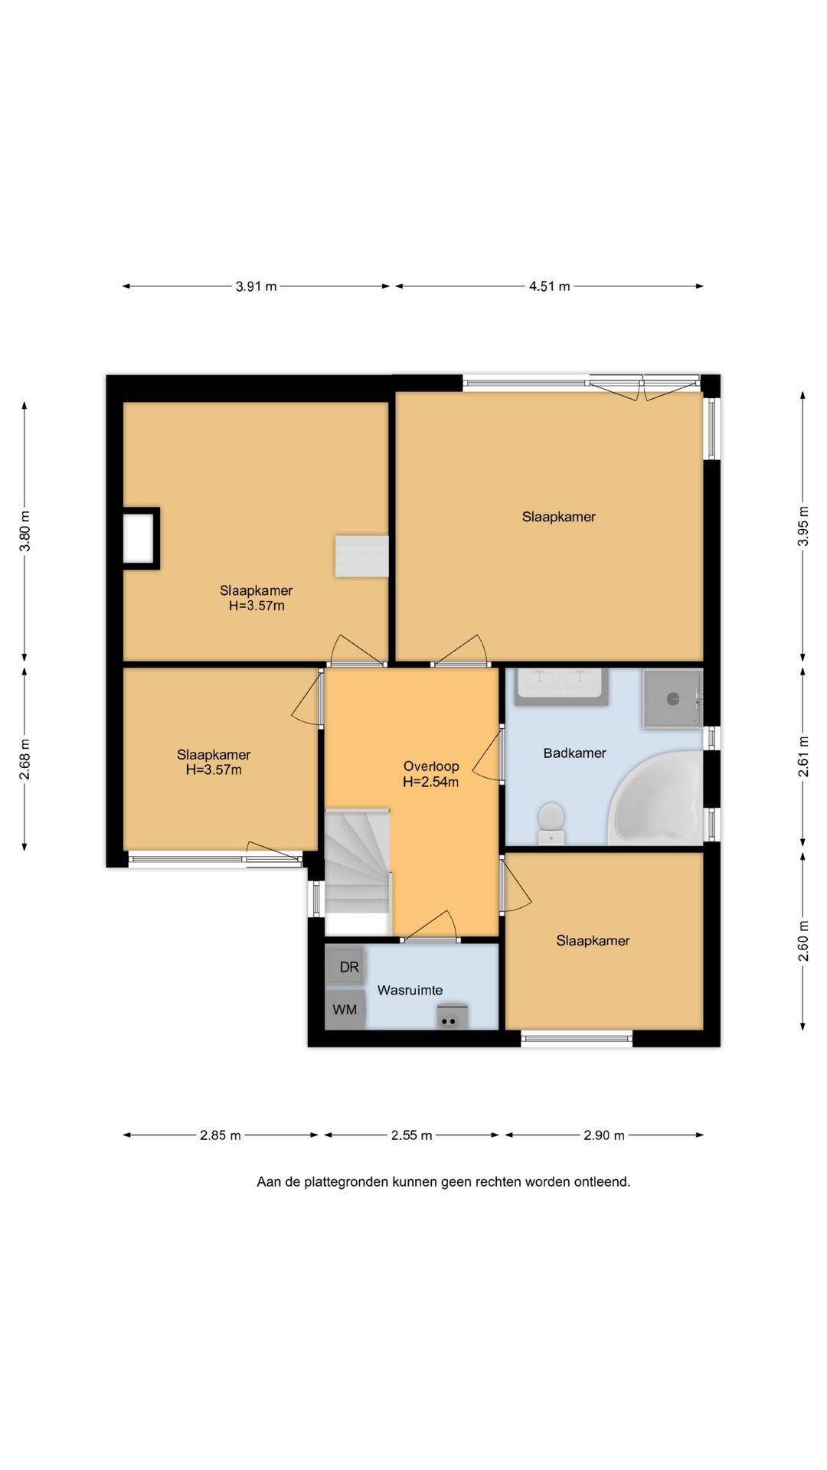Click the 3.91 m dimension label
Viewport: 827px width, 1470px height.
click(x=256, y=286)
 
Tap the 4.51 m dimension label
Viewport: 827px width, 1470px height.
click(x=549, y=286)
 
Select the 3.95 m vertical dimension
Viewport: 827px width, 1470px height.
click(x=802, y=526)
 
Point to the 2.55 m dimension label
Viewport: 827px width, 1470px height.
click(x=411, y=1135)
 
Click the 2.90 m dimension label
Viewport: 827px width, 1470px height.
click(x=603, y=1135)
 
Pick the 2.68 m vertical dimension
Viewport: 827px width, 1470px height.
click(x=25, y=759)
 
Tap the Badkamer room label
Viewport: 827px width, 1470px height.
click(x=574, y=753)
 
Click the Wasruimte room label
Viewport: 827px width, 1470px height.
click(x=410, y=990)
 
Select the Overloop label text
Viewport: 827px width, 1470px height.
click(x=431, y=766)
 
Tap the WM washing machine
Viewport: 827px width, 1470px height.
click(x=345, y=1009)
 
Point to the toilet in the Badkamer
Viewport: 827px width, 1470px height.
click(x=551, y=822)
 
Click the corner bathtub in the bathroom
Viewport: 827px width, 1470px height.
click(x=657, y=798)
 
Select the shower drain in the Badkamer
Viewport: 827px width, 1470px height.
click(x=673, y=698)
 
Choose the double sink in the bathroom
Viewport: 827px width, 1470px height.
click(x=562, y=687)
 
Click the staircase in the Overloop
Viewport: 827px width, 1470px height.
click(x=358, y=861)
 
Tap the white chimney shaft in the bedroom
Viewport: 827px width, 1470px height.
click(x=139, y=538)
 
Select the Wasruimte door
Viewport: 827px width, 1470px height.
click(x=430, y=926)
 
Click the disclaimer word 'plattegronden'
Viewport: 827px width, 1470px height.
click(x=346, y=1182)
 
